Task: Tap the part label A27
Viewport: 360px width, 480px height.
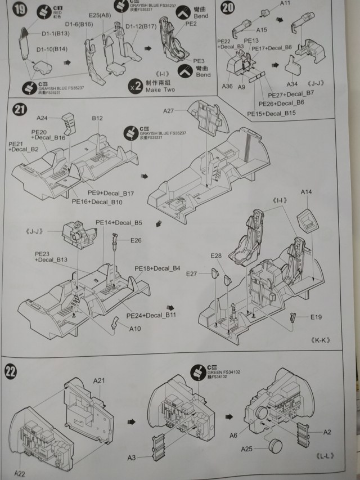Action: tap(171, 111)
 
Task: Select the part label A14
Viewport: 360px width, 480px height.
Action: tap(307, 192)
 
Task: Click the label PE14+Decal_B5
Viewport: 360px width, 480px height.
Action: tap(119, 223)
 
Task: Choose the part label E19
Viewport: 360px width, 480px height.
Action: tap(317, 317)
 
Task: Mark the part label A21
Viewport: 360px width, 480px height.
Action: tap(98, 381)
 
